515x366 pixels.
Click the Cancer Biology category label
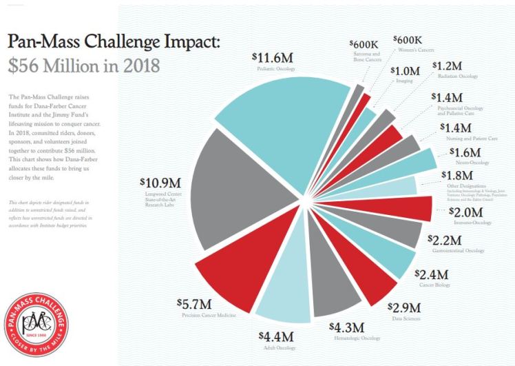click(438, 285)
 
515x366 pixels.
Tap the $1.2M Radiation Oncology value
click(448, 65)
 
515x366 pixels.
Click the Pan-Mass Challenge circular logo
click(36, 325)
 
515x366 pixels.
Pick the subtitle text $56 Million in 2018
click(84, 66)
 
